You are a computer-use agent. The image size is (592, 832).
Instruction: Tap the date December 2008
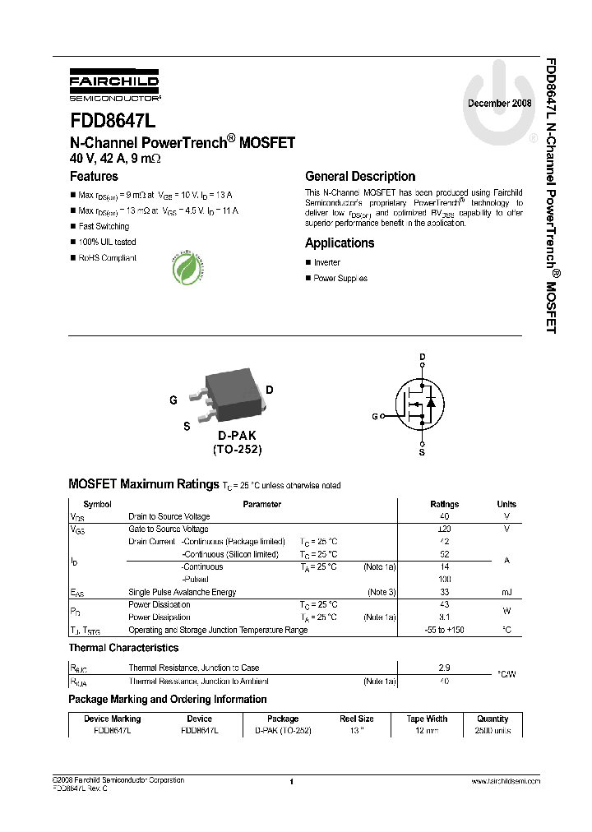coord(500,104)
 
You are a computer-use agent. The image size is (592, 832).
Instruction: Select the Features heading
coord(94,176)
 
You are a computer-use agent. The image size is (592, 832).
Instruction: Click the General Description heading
coord(360,176)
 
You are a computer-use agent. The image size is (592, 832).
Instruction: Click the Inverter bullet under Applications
coord(326,263)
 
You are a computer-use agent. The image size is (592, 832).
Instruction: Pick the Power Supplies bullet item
coord(340,279)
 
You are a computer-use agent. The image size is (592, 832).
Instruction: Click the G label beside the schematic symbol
coord(375,417)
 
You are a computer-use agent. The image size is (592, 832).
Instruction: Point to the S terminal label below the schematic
coord(423,452)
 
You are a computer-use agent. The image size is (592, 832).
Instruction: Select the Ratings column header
coord(445,505)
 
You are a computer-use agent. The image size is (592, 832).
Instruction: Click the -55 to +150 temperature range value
coord(444,631)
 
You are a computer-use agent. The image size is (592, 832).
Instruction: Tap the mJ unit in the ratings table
coord(506,593)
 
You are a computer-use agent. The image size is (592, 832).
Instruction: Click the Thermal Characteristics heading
coord(123,649)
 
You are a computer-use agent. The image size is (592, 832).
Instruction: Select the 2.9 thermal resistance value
coord(444,668)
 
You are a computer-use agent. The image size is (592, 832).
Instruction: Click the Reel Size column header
coord(357,719)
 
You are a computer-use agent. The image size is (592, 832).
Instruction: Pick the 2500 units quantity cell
coord(493,730)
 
